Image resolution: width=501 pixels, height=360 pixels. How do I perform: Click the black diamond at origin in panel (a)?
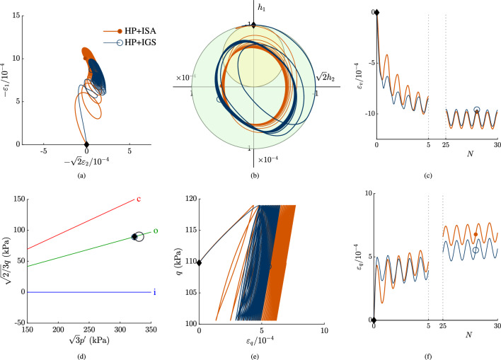click(x=86, y=144)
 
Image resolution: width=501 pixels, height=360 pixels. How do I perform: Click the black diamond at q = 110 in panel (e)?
click(x=199, y=263)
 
